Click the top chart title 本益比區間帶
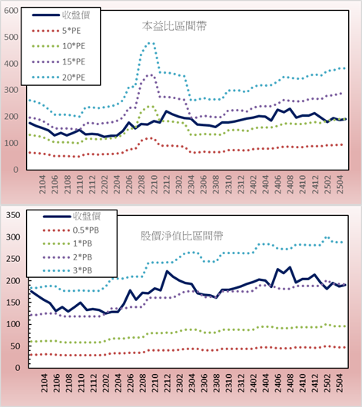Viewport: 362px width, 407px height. coord(174,26)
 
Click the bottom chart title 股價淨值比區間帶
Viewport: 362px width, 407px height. coord(181,236)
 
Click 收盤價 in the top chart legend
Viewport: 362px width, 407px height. coord(76,15)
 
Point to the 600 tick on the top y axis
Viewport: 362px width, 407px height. coord(12,11)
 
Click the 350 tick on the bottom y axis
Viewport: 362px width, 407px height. coord(13,215)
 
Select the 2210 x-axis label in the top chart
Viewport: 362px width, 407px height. coord(154,184)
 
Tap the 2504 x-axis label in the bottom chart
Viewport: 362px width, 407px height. coord(340,383)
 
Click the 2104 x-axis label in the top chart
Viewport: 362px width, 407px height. coord(42,184)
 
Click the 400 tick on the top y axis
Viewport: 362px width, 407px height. coord(12,64)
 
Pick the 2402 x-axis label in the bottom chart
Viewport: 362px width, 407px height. coord(253,383)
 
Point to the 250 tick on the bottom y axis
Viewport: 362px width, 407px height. coord(13,259)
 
